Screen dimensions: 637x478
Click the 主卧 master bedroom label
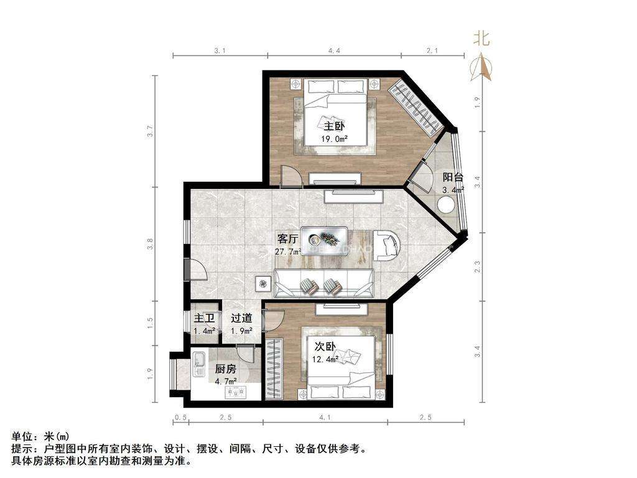(334, 126)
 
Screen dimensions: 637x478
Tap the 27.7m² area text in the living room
(288, 251)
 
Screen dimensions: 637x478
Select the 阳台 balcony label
(453, 177)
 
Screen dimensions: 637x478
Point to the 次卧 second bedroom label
(325, 347)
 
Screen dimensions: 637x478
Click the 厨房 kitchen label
(225, 369)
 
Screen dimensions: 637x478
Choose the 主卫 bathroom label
(204, 318)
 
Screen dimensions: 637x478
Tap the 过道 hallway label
(241, 318)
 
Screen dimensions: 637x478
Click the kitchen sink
(200, 363)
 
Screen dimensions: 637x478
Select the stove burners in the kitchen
(236, 392)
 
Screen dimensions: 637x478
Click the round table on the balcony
(446, 205)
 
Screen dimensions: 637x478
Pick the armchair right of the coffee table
(387, 245)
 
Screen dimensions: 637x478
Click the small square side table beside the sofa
(263, 283)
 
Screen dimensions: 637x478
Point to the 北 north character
(481, 39)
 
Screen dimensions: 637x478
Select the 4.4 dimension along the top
(334, 51)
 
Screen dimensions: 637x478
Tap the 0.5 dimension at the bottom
(181, 418)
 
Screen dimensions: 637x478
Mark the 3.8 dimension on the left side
(151, 243)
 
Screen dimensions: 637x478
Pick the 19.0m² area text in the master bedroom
(334, 139)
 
